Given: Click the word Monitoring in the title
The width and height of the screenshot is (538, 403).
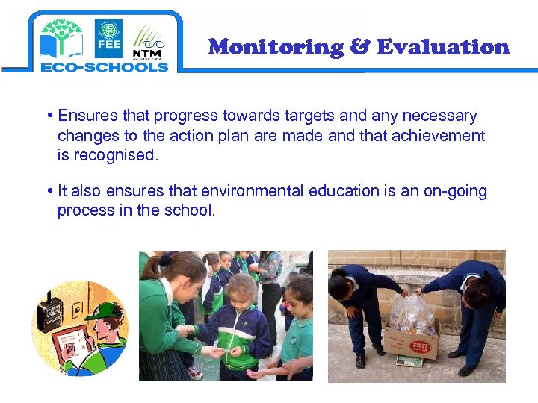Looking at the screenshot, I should (275, 47).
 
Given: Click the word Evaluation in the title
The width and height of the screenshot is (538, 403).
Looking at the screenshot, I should (443, 47).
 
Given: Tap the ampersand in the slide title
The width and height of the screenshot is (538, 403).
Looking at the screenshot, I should (359, 47).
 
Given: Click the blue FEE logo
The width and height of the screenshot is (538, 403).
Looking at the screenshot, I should (108, 38).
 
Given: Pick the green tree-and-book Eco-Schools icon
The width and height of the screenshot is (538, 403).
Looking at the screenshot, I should (61, 38).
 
